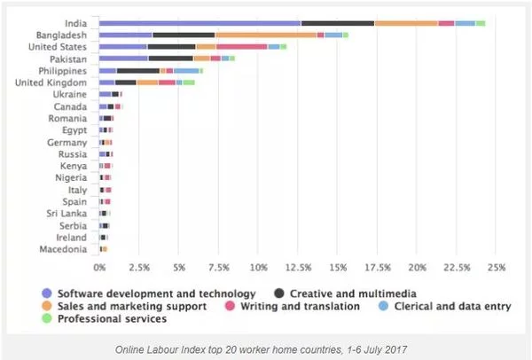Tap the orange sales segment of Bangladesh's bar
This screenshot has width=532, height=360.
point(265,35)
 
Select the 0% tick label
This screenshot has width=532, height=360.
point(99,265)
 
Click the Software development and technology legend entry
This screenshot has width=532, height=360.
point(156,293)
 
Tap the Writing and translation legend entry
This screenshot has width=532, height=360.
point(300,306)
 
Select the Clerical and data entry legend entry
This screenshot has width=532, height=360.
point(447,306)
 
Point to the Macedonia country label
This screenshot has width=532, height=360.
point(63,249)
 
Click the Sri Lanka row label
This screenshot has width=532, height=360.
point(66,214)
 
